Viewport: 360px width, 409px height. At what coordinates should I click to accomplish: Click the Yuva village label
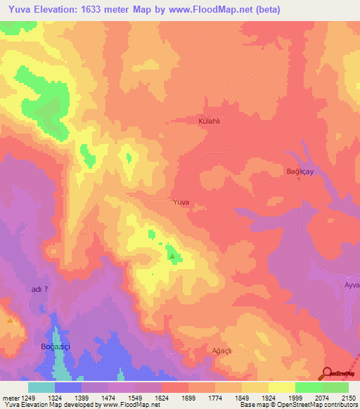pos(181,202)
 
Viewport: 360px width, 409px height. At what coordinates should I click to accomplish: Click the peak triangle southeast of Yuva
pos(172,257)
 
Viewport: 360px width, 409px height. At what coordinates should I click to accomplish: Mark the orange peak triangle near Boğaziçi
pos(10,320)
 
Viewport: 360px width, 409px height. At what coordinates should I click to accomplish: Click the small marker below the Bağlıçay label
pos(298,180)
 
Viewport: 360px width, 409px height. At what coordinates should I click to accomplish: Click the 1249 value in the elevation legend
pos(28,397)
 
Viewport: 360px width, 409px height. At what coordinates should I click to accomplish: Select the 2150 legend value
pos(349,397)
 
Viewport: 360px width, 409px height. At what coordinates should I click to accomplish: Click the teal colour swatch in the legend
pos(41,387)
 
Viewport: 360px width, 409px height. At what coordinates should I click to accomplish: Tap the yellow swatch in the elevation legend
pos(281,387)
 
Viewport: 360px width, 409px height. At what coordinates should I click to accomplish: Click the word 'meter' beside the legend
pos(9,397)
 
